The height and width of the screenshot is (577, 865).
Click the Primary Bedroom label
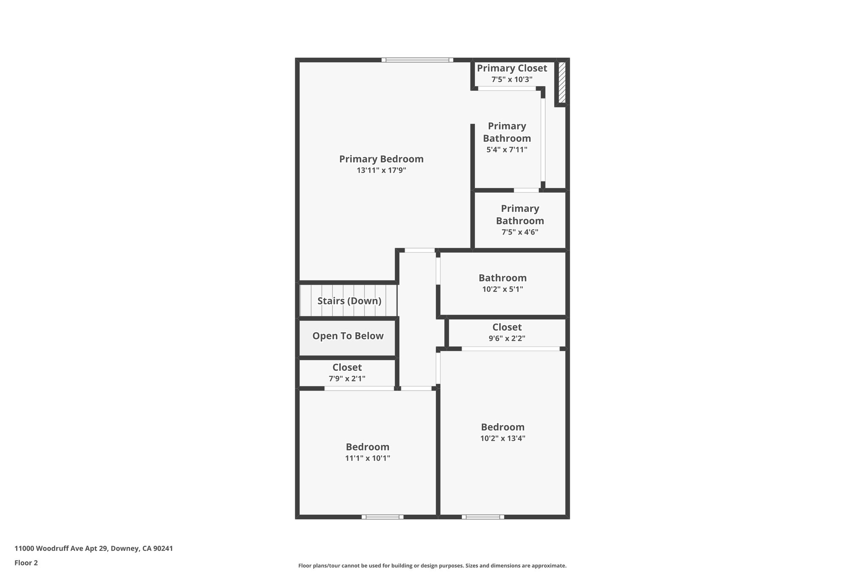click(x=381, y=159)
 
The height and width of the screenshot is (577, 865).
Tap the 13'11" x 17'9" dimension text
click(x=381, y=170)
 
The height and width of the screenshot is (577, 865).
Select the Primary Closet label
click(x=512, y=68)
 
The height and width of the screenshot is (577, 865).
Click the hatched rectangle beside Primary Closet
click(x=562, y=82)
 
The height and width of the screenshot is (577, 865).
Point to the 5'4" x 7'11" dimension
click(x=507, y=150)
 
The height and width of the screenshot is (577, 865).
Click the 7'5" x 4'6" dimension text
click(x=520, y=232)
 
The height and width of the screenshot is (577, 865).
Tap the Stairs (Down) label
click(x=349, y=301)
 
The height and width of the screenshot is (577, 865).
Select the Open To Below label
click(x=348, y=336)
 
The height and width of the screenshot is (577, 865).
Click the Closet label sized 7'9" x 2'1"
click(x=347, y=367)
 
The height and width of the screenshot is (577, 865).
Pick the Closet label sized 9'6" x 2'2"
click(x=506, y=327)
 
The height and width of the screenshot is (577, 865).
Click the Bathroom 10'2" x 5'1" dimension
click(x=502, y=290)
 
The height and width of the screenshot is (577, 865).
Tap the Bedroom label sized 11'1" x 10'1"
click(x=367, y=447)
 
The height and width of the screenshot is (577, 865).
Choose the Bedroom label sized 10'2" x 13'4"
click(x=503, y=427)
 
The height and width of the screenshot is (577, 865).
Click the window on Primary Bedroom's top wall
click(x=417, y=60)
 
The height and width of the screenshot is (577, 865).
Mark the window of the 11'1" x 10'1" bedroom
click(x=382, y=517)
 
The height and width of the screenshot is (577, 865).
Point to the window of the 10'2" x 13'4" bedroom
click(x=483, y=517)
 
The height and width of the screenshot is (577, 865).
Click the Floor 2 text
click(x=26, y=563)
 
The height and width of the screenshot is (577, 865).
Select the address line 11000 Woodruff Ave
click(x=94, y=549)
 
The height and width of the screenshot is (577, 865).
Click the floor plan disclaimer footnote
click(x=432, y=566)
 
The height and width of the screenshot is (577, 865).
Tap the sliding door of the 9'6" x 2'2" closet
click(x=510, y=349)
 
